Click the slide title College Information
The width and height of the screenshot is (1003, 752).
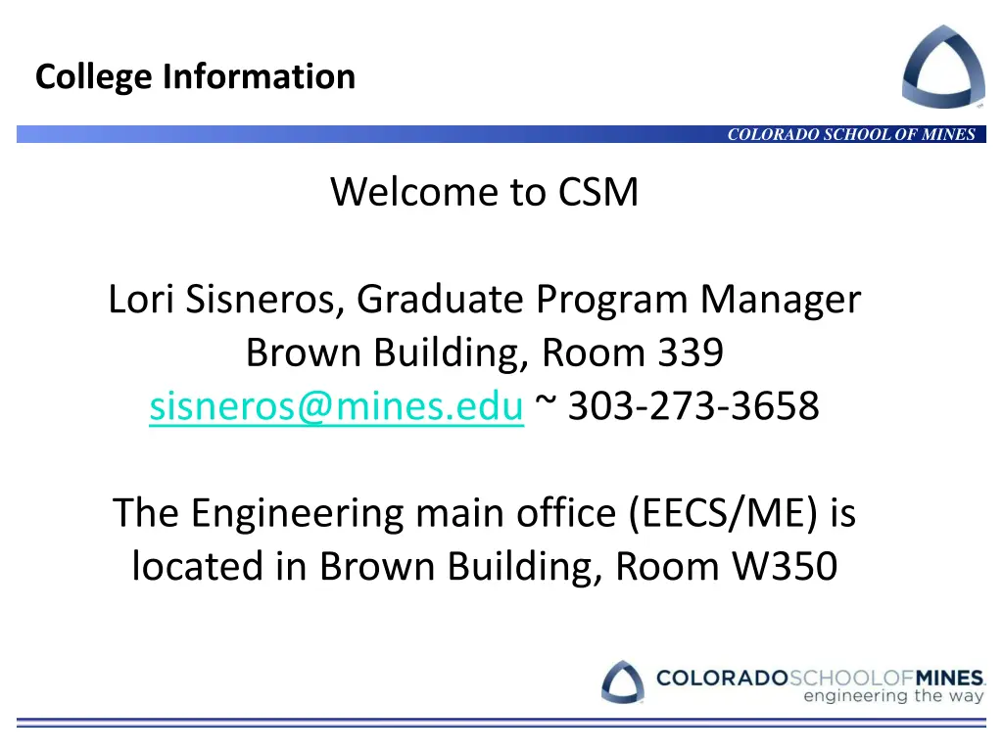195,76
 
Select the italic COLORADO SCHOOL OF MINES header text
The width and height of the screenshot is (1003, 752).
851,135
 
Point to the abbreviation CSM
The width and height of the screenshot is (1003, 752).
598,192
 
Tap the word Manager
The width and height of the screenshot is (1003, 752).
780,300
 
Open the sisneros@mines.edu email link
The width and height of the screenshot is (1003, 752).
336,405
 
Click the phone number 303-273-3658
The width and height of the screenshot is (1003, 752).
693,405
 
